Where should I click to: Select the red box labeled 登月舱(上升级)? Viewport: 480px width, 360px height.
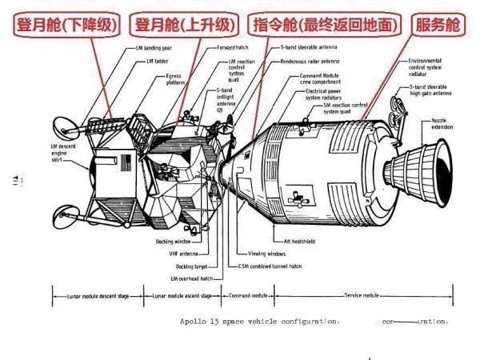coord(183,26)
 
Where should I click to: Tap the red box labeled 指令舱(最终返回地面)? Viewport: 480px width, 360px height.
coord(326,26)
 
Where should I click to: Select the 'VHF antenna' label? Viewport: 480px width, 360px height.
coord(182,254)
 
